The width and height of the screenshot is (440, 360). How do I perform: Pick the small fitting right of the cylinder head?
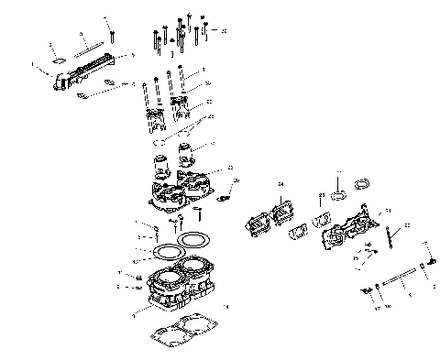pyautogui.click(x=225, y=195)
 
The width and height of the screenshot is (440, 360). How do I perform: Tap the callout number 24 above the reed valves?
pyautogui.click(x=281, y=186)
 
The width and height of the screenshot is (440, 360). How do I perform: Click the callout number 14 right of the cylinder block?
pyautogui.click(x=226, y=305)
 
